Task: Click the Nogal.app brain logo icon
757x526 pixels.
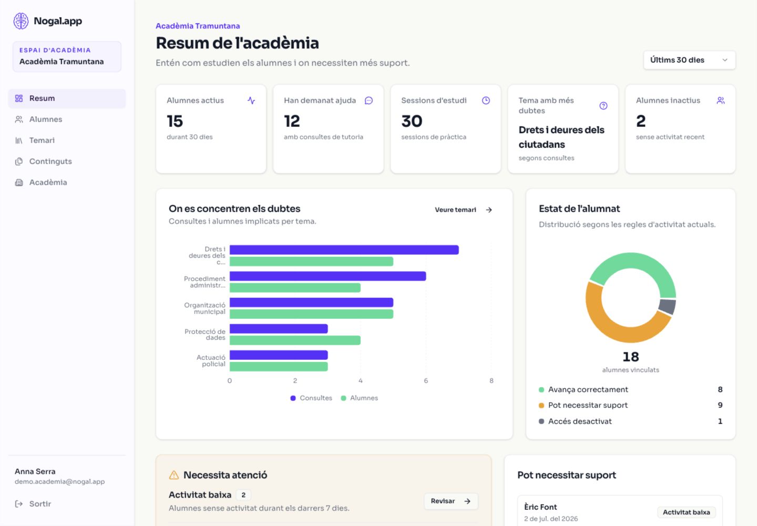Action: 21,21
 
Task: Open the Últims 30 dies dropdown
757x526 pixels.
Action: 689,60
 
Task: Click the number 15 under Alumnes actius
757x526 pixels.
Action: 175,121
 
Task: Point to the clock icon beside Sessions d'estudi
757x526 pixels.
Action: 486,100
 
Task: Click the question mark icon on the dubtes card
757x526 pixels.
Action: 603,106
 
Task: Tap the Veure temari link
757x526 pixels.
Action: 463,210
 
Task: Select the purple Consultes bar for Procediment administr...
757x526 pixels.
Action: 328,276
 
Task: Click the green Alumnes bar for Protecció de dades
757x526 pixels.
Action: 295,340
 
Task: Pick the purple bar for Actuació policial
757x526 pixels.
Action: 279,355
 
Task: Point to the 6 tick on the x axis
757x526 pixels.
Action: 426,381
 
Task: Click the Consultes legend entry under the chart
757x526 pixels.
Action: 311,398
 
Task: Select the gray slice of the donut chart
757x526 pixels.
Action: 667,307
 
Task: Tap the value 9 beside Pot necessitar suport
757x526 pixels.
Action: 720,405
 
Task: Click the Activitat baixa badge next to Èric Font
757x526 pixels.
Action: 686,512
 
